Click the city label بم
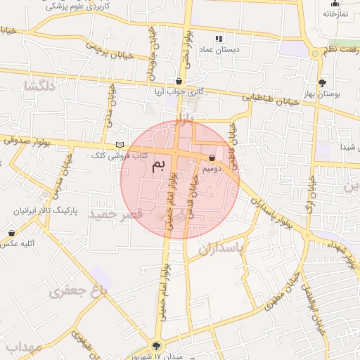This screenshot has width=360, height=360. pos(160,166)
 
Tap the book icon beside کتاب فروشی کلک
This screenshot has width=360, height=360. pos(119,145)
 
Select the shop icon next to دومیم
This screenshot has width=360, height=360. pos(212,158)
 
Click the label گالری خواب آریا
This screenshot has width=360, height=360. pos(179,91)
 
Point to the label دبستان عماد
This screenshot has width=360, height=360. pos(219,50)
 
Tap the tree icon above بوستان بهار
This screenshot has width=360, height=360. pos(322,82)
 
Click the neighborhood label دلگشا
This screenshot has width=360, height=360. pos(39,86)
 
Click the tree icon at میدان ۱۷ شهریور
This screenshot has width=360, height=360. pos(156,346)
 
